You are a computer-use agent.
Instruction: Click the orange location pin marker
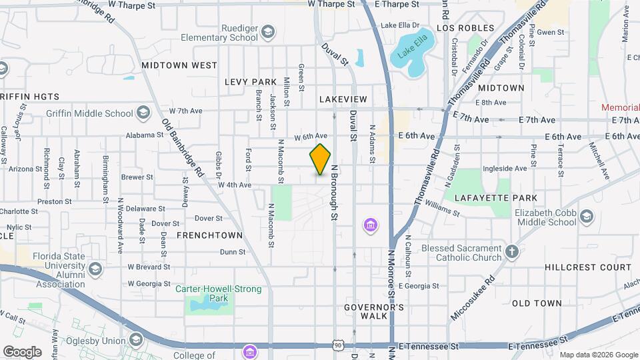tap(321, 159)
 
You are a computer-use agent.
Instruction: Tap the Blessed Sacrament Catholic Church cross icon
tap(512, 252)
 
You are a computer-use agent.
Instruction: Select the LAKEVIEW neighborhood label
tap(343, 99)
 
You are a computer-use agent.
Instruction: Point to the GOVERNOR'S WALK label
tap(374, 311)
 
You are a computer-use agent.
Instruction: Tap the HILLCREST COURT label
tap(587, 267)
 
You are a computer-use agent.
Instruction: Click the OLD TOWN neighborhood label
tap(537, 303)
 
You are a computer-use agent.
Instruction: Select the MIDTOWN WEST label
tap(179, 65)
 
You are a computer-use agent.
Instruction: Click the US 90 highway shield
tap(339, 345)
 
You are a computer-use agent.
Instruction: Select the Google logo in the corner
tap(22, 351)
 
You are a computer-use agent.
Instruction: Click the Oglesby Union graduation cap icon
tap(137, 341)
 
